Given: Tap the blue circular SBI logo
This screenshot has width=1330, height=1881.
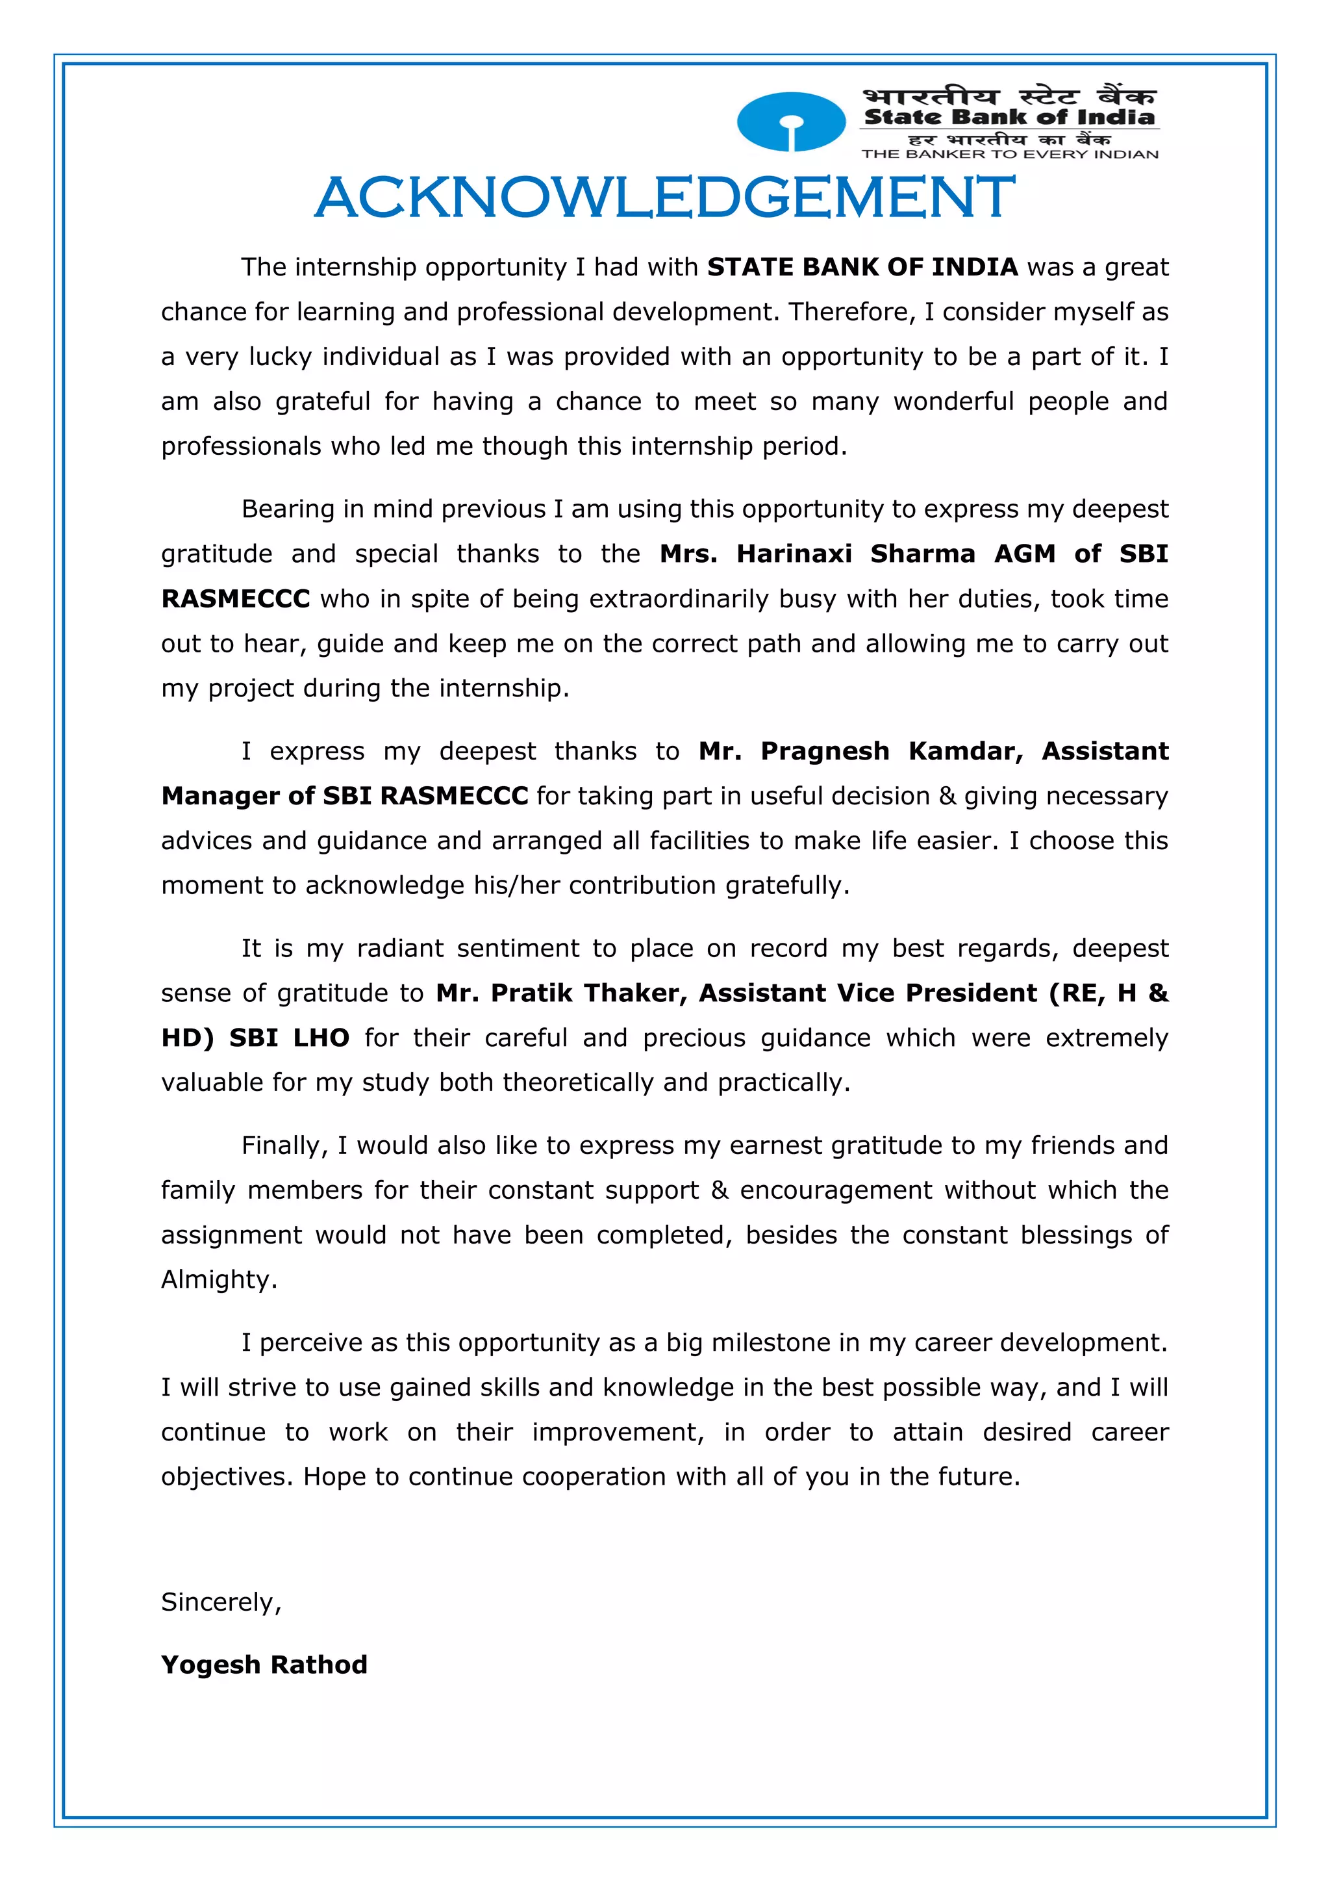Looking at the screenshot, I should pyautogui.click(x=791, y=122).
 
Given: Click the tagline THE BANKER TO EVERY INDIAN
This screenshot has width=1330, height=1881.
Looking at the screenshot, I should pyautogui.click(x=1010, y=154).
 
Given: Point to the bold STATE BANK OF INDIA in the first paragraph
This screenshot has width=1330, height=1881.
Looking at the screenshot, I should pyautogui.click(x=862, y=267).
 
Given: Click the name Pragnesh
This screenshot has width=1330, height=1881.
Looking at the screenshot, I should pyautogui.click(x=825, y=751).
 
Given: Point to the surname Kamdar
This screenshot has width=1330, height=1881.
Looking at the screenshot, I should pyautogui.click(x=966, y=751).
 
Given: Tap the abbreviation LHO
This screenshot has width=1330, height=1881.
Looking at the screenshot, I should pyautogui.click(x=321, y=1038).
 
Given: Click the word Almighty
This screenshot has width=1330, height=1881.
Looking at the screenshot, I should pyautogui.click(x=219, y=1280).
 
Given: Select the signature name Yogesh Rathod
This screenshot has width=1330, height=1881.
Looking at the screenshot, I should pyautogui.click(x=264, y=1665).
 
